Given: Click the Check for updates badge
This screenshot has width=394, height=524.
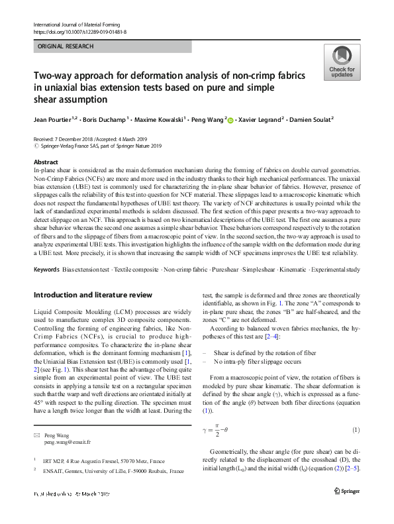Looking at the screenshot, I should click(341, 62).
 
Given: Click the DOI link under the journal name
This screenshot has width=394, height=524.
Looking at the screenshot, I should click(79, 31).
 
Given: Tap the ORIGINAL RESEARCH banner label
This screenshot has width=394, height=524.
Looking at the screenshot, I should click(66, 46).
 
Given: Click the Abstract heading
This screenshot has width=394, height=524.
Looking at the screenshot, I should click(45, 162).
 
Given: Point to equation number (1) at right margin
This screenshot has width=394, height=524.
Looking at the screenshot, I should click(356, 431).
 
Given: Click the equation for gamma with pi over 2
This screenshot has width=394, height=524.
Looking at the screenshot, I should click(222, 431).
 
